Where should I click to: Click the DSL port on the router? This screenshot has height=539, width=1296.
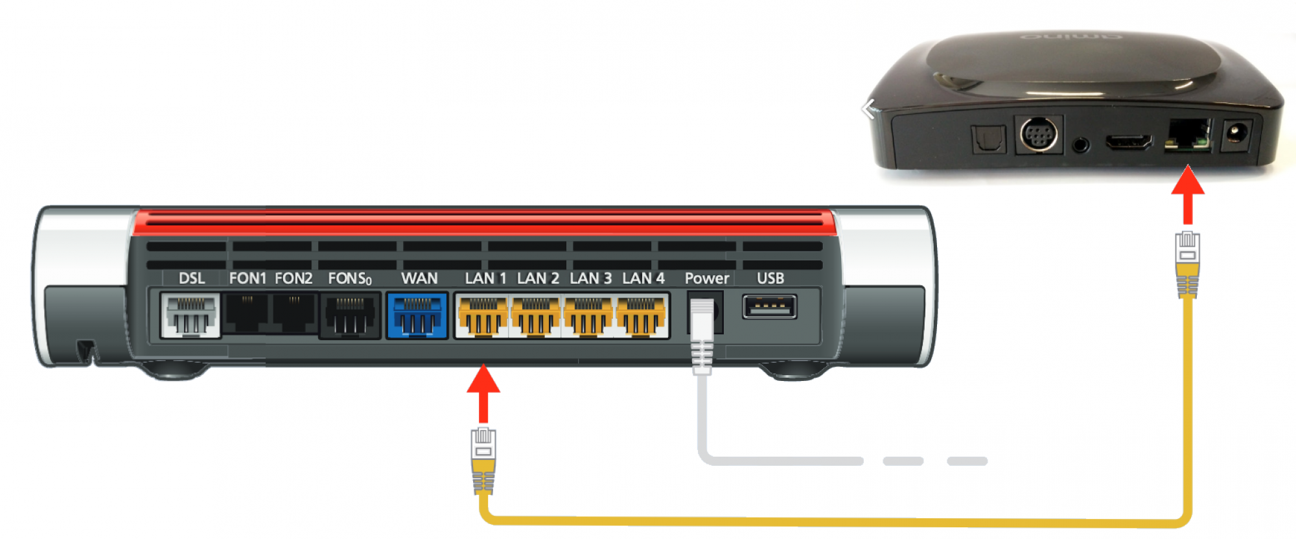coord(191,315)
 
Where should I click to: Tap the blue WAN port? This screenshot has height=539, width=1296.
coord(417,315)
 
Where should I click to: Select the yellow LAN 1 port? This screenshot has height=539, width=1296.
coord(483,315)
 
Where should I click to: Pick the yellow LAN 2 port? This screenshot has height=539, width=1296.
coord(535,315)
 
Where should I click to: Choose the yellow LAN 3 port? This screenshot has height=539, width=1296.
coord(588,315)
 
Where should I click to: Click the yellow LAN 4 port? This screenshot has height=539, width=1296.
coord(641,315)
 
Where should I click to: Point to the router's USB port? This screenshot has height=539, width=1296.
coord(770,306)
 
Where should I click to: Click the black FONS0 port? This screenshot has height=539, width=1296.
coord(350,315)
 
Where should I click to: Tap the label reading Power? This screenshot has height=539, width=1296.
coord(707,279)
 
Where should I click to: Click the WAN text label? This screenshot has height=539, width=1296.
coord(419,279)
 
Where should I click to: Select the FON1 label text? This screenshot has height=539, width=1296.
coord(248,279)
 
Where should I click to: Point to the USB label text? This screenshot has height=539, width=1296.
coord(770,279)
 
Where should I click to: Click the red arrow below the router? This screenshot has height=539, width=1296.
coord(483,394)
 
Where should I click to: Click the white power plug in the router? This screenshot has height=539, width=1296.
coord(702,337)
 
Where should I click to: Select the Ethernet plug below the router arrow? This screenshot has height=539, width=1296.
coord(483,461)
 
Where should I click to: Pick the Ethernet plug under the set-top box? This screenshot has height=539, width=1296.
coord(1187,264)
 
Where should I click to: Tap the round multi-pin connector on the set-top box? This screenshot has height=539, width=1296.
coord(1039,135)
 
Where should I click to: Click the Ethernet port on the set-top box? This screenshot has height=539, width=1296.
coord(1188,135)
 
